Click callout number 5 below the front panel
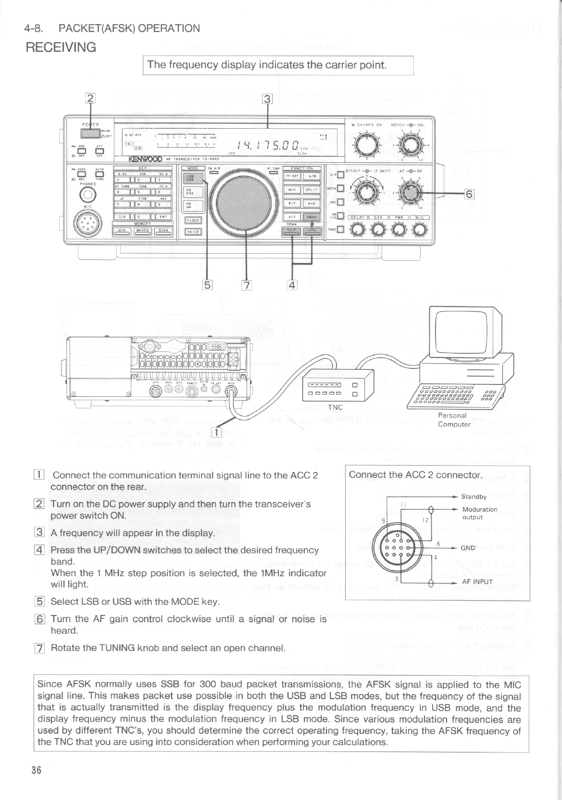tap(207, 284)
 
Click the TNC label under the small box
tap(335, 407)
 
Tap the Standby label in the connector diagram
tap(474, 497)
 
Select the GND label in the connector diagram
tap(468, 548)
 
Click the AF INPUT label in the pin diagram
tap(477, 582)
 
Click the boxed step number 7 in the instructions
tap(41, 648)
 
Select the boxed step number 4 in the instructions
tap(41, 550)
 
